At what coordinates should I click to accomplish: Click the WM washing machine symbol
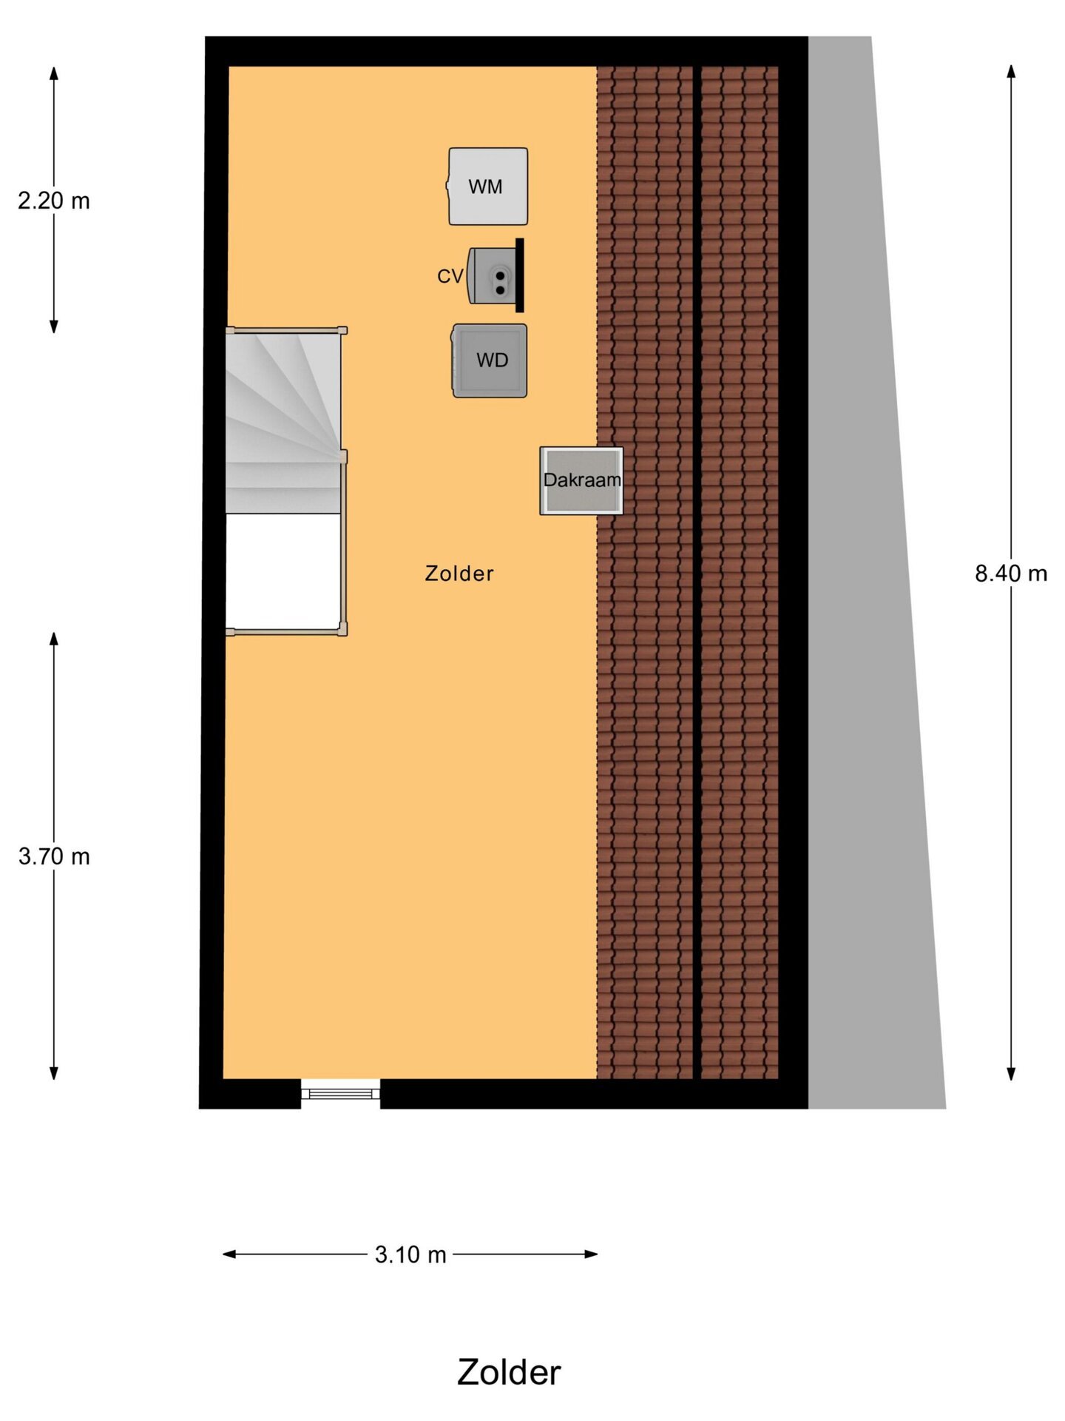487,187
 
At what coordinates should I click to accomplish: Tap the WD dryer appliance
490,360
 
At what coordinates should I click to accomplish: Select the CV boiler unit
492,275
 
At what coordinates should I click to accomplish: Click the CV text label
450,276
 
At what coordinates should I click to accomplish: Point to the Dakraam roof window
581,480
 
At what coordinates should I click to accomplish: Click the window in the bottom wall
340,1093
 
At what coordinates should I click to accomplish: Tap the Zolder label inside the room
459,574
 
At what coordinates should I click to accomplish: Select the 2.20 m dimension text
54,201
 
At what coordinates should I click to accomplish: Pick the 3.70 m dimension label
54,856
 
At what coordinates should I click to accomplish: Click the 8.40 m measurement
1011,574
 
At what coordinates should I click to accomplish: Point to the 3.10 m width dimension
410,1254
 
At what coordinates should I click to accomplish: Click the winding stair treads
283,422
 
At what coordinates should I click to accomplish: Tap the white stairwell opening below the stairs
283,571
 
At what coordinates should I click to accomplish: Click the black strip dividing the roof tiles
697,573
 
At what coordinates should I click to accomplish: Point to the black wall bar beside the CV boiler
520,275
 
